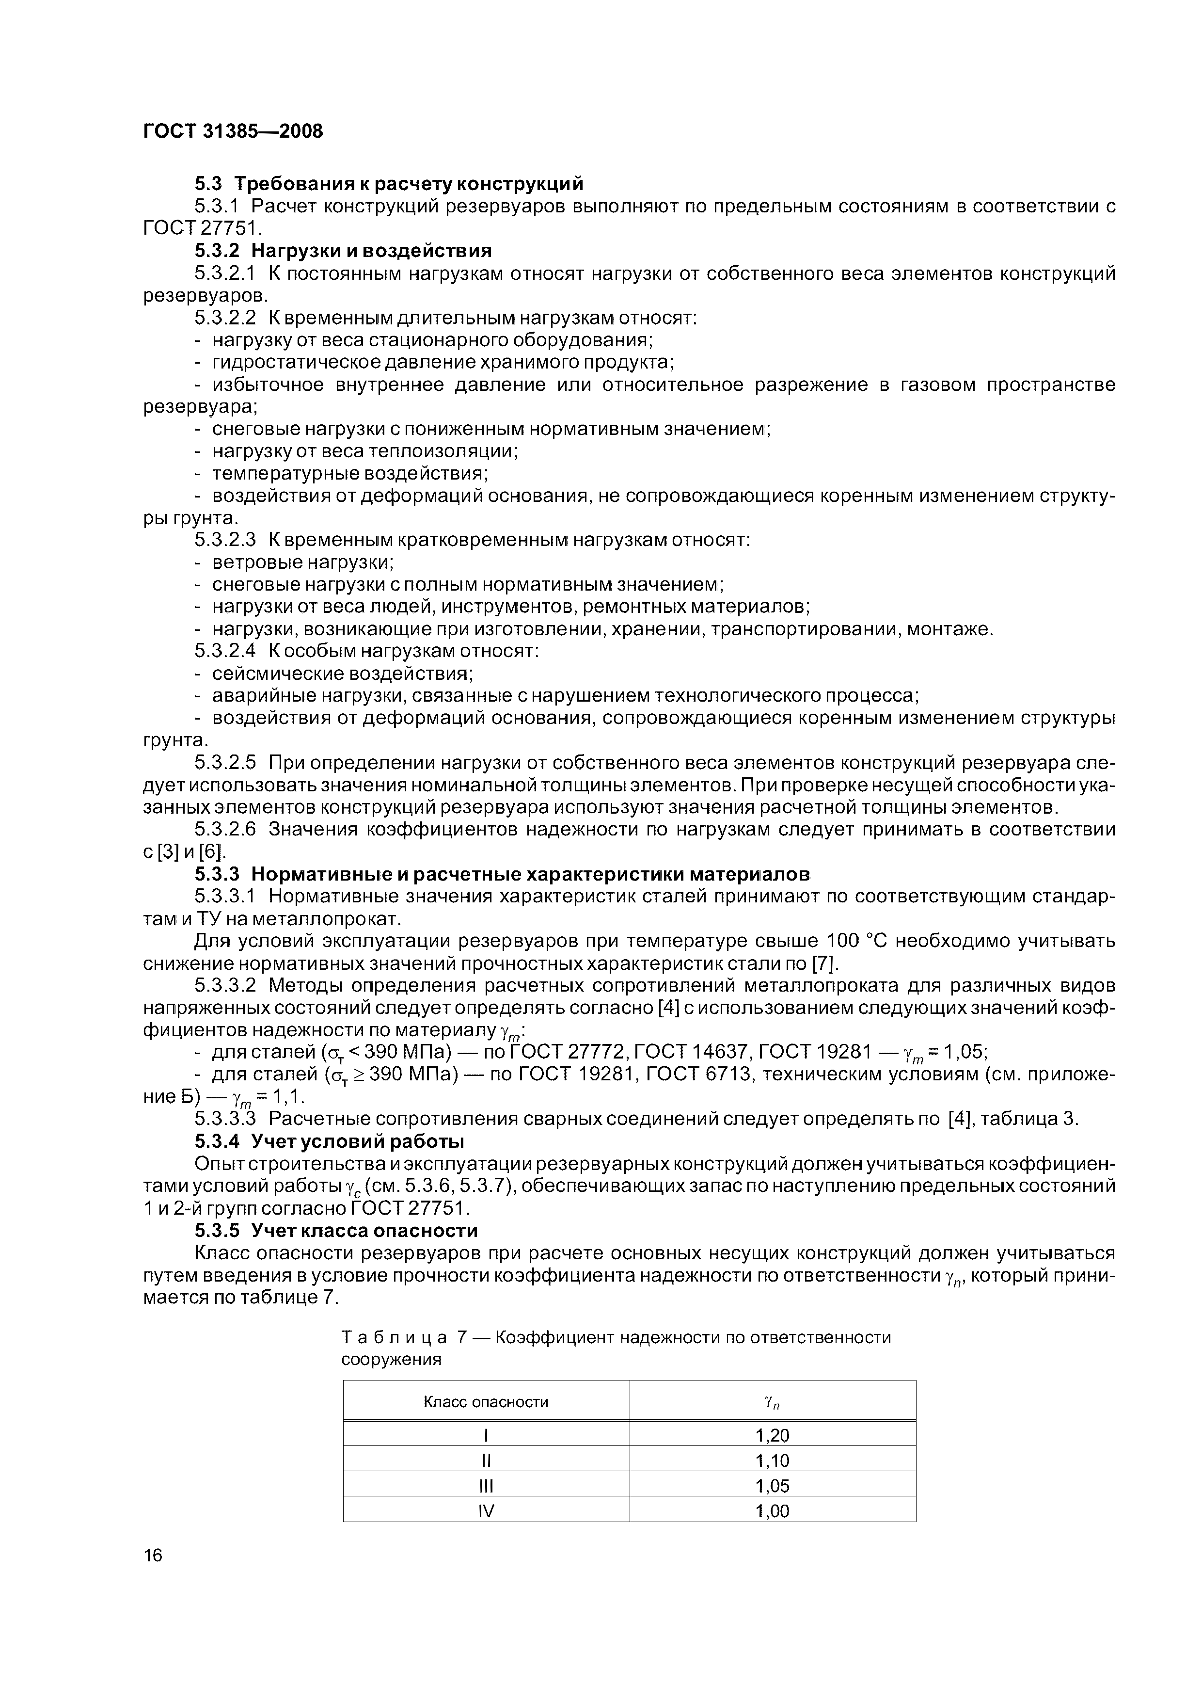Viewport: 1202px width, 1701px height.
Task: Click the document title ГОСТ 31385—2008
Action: (233, 131)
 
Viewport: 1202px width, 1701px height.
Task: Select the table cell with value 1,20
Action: (773, 1435)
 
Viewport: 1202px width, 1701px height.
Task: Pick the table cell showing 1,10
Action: (773, 1460)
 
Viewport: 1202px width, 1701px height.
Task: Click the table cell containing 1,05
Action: (773, 1485)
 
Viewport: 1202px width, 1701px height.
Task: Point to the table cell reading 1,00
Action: (773, 1510)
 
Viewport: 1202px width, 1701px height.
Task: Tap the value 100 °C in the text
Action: (857, 941)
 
